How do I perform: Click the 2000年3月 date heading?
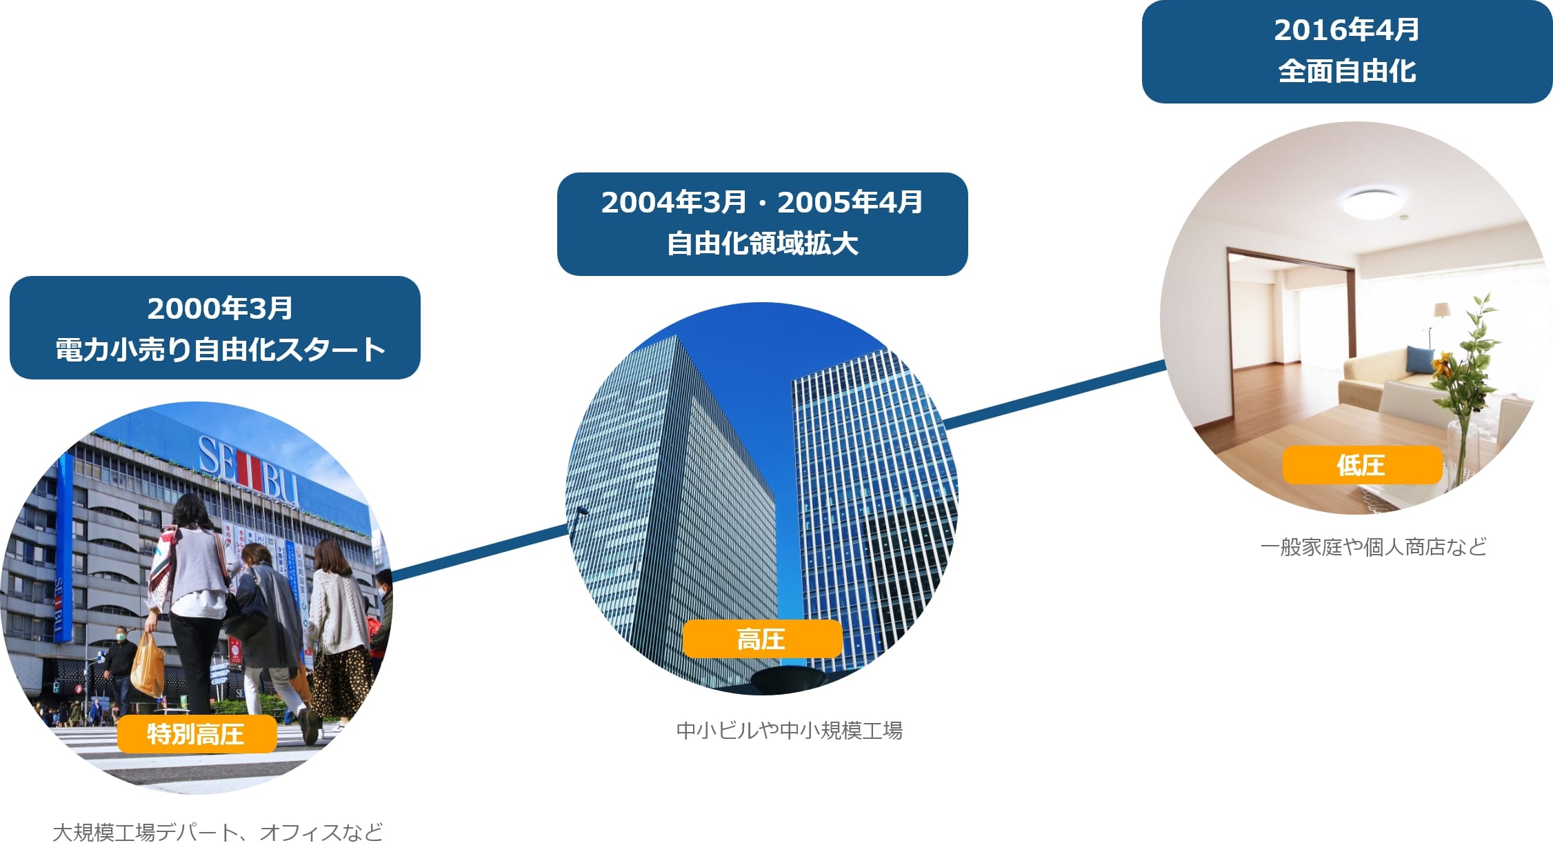[220, 308]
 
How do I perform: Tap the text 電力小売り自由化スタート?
[220, 350]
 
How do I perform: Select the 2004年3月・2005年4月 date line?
[762, 202]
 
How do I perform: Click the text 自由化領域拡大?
[762, 244]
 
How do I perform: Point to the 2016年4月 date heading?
[1347, 30]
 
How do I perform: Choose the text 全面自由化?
[1347, 71]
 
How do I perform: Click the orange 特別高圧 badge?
[197, 734]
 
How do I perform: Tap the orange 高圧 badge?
[762, 639]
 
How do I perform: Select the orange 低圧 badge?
[1362, 465]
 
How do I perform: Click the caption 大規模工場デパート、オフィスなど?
[218, 833]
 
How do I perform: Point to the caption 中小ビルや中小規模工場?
[790, 730]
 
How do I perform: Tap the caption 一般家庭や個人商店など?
[1373, 547]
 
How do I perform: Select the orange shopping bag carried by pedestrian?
[147, 665]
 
